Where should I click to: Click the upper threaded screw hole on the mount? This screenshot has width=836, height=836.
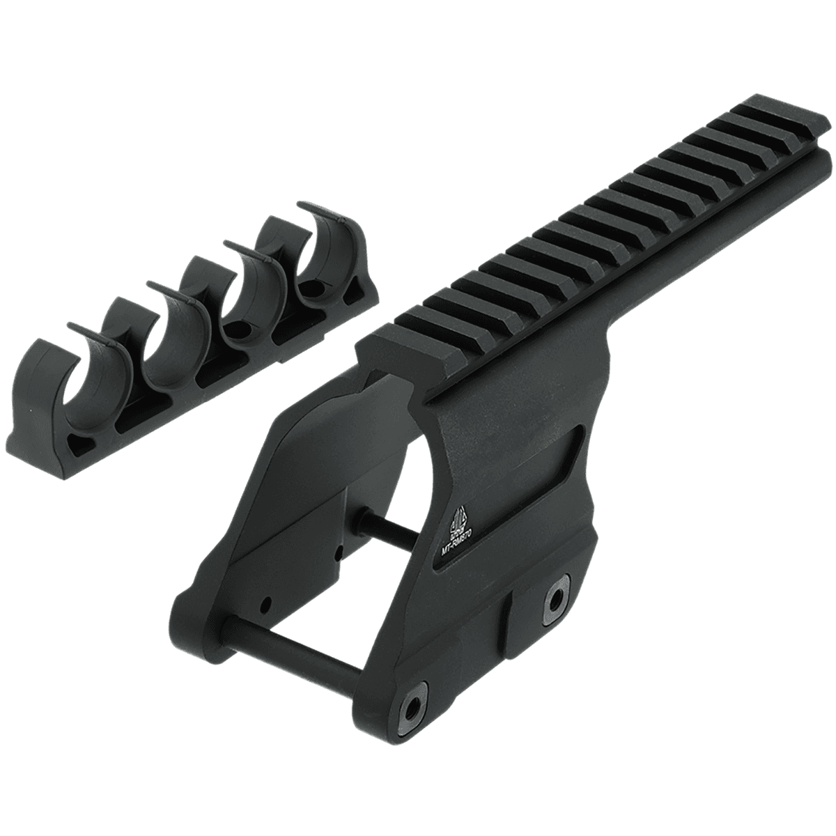click(556, 596)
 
